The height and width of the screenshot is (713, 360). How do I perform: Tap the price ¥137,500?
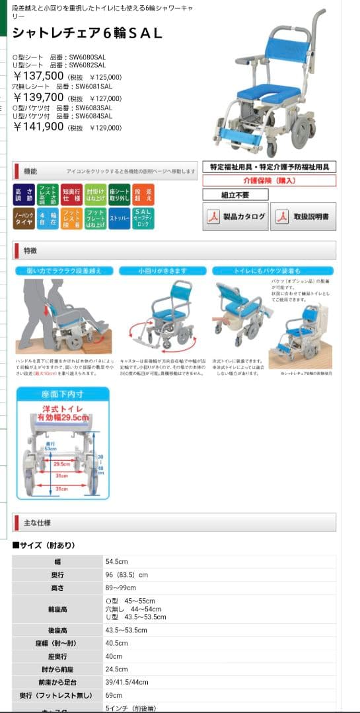[39, 77]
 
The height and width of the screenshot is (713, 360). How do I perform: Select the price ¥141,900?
[39, 126]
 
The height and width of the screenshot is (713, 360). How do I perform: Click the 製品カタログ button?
[236, 217]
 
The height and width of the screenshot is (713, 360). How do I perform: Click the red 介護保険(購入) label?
[269, 180]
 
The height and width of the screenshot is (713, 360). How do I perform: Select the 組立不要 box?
[235, 195]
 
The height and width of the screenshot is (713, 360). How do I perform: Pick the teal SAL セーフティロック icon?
[143, 219]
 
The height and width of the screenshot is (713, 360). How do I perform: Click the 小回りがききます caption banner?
[162, 271]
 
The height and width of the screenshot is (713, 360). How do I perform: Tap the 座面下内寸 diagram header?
[62, 395]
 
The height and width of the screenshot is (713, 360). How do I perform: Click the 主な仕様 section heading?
[38, 523]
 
